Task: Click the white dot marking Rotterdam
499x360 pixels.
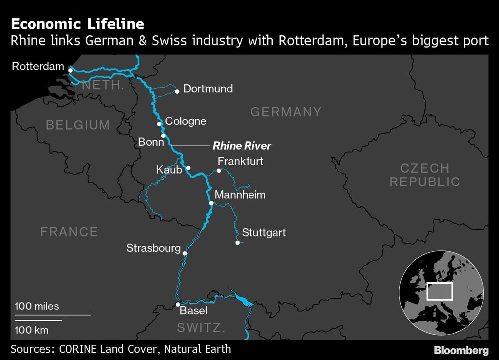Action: (71, 70)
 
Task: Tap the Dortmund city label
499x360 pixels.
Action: (208, 89)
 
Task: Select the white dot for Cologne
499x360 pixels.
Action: (159, 124)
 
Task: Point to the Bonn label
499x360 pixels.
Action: (151, 142)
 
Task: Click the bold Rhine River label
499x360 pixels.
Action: (242, 146)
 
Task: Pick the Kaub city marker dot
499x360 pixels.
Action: (188, 168)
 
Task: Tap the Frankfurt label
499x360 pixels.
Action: (241, 161)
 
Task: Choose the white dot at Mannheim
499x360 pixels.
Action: (211, 203)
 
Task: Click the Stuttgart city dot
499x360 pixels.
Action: (237, 243)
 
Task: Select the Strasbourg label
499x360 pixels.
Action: (153, 248)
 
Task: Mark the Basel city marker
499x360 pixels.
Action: (178, 304)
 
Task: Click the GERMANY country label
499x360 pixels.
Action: (286, 112)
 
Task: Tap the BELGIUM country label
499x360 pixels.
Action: (78, 125)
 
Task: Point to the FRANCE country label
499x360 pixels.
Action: (69, 232)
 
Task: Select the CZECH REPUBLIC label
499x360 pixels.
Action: (425, 175)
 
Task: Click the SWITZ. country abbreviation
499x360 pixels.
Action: (201, 328)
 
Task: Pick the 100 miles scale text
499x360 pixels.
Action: (37, 306)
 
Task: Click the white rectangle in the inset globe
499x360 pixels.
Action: (440, 291)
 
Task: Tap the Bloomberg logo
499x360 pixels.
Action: (461, 350)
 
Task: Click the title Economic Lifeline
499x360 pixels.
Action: (77, 24)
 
